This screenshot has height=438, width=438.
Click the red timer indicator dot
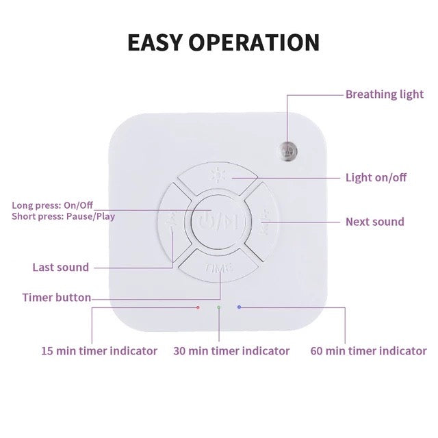pyautogui.click(x=198, y=307)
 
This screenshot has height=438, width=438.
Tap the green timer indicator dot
pyautogui.click(x=219, y=307)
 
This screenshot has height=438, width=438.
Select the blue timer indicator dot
pyautogui.click(x=239, y=307)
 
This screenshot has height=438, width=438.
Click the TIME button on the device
pyautogui.click(x=219, y=266)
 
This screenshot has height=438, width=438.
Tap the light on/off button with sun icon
pyautogui.click(x=218, y=178)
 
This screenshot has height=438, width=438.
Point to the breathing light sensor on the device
pyautogui.click(x=289, y=151)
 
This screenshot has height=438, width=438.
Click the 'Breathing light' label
pyautogui.click(x=385, y=94)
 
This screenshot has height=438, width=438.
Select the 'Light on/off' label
pyautogui.click(x=376, y=177)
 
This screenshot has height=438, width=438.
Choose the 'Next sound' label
pyautogui.click(x=375, y=222)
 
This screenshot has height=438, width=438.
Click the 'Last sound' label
pyautogui.click(x=61, y=268)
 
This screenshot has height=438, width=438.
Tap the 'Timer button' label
pyautogui.click(x=57, y=298)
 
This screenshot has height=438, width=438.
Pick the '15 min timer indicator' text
pyautogui.click(x=99, y=351)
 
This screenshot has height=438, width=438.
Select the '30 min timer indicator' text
pyautogui.click(x=231, y=351)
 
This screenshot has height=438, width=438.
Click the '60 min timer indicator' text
pyautogui.click(x=368, y=351)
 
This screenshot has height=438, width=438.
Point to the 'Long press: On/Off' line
pyautogui.click(x=52, y=205)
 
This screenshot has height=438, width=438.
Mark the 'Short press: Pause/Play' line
pyautogui.click(x=64, y=216)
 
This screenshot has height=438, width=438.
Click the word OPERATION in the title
pyautogui.click(x=254, y=42)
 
